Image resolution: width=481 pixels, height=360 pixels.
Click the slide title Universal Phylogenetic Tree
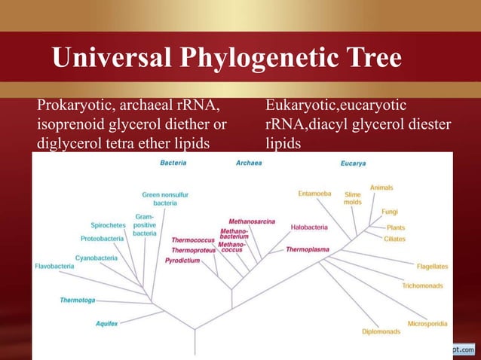point(226,59)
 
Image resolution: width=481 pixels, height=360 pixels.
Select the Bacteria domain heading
point(173,162)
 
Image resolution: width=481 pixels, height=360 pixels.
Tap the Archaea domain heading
point(249,162)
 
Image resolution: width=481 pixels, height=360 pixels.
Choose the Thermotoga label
point(78,300)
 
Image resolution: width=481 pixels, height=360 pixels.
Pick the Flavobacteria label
point(54,266)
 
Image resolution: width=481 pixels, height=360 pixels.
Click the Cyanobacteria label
point(96,258)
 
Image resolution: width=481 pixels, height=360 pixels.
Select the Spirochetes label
point(108,225)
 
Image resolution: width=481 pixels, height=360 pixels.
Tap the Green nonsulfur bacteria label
point(165,199)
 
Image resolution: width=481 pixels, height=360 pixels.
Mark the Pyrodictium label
point(182,260)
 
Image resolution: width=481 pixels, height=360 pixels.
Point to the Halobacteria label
point(308,226)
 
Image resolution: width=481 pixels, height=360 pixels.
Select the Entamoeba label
point(314,194)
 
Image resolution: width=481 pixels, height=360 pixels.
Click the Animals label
point(381,187)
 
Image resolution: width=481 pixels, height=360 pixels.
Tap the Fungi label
point(390,212)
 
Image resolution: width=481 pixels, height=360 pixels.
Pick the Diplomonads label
point(381,331)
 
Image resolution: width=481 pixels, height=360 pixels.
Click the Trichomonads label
point(422,285)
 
